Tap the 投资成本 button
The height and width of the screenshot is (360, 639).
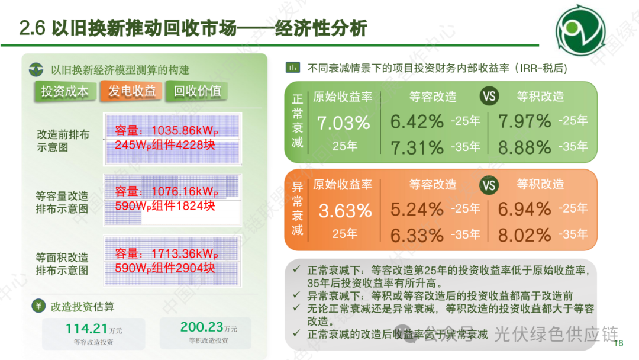(64, 91)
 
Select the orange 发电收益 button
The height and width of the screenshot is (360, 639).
(131, 91)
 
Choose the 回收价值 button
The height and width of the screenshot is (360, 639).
(197, 91)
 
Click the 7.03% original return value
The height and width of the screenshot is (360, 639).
(344, 123)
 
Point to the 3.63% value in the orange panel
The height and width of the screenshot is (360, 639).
(345, 211)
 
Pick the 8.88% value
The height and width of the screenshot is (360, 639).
(525, 147)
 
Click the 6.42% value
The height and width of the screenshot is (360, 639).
(417, 121)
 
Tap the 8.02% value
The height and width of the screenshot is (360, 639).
(525, 235)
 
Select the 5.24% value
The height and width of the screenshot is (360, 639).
(417, 209)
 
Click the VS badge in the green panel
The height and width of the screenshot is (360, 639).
(489, 97)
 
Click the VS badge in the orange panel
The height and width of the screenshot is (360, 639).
(489, 185)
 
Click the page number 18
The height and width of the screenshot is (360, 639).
(619, 344)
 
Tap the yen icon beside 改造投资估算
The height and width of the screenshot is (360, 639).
(37, 306)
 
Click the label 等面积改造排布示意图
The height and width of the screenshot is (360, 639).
(62, 264)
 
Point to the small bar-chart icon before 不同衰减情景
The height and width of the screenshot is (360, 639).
(292, 67)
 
